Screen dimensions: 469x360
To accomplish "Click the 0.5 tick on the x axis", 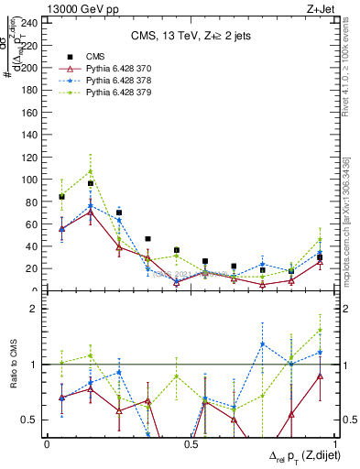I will [190, 444].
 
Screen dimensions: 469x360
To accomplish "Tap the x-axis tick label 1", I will [333, 444].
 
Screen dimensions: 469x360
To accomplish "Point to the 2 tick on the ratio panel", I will [34, 309].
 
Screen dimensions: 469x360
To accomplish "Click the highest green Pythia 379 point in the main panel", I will [91, 170].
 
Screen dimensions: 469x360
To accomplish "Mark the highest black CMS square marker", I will [91, 183].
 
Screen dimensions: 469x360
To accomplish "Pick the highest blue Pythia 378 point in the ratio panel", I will [263, 344].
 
